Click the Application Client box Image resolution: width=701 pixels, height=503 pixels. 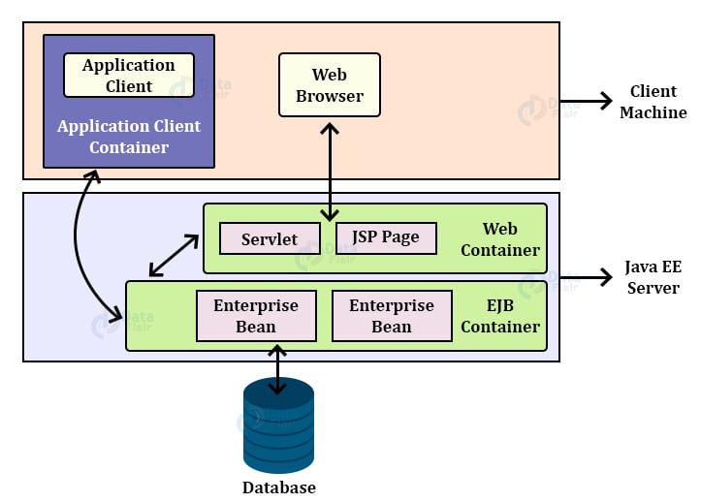click(x=129, y=76)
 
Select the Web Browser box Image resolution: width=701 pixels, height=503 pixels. click(x=330, y=85)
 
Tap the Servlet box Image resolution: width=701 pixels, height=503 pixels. click(x=270, y=238)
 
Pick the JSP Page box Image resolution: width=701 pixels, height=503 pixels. click(x=386, y=237)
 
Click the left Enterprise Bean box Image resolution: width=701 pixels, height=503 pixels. click(x=256, y=316)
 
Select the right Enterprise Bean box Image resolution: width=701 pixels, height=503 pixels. click(x=392, y=316)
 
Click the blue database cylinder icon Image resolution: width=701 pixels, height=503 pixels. click(x=279, y=426)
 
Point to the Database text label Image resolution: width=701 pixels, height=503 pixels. click(x=279, y=487)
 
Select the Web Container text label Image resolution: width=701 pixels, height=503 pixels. click(x=500, y=239)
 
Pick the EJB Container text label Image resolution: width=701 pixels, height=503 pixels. click(x=500, y=316)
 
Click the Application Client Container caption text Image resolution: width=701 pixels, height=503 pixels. click(x=129, y=137)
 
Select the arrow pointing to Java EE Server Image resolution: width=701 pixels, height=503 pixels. click(x=588, y=277)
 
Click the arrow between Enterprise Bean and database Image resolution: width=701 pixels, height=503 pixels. click(x=279, y=368)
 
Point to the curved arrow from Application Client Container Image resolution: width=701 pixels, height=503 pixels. click(x=78, y=242)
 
